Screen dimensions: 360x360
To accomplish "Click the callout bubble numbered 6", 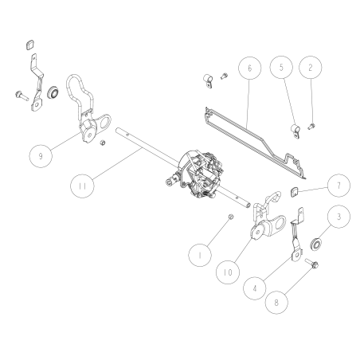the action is click(x=249, y=68).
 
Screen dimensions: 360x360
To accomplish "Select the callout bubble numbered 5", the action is click(x=281, y=67).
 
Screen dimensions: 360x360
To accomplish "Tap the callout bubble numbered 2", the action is click(x=311, y=68).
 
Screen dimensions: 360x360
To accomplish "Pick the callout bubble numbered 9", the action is click(x=41, y=156).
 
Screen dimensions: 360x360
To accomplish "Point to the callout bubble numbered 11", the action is click(x=82, y=186).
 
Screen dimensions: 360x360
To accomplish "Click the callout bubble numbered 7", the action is click(x=338, y=186).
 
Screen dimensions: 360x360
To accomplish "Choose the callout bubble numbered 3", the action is click(x=339, y=217).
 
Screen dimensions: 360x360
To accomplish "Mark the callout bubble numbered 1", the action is click(x=200, y=255).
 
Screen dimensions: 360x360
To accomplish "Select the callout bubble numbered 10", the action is click(x=228, y=272).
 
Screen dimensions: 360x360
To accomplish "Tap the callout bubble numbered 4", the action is click(x=255, y=288).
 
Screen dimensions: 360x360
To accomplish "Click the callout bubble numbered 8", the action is click(x=276, y=302).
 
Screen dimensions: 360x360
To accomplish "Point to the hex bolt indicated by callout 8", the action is click(x=312, y=264).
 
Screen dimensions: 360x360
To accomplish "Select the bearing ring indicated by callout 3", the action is click(x=316, y=244).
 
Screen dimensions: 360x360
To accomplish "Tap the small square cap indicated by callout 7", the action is click(x=294, y=192).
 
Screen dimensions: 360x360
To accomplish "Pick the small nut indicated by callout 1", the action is click(x=231, y=217).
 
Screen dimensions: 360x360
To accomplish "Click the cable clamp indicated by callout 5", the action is click(x=295, y=131).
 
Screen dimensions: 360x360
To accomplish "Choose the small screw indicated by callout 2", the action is click(x=311, y=127).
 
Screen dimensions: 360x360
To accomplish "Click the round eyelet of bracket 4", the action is click(x=296, y=256).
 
